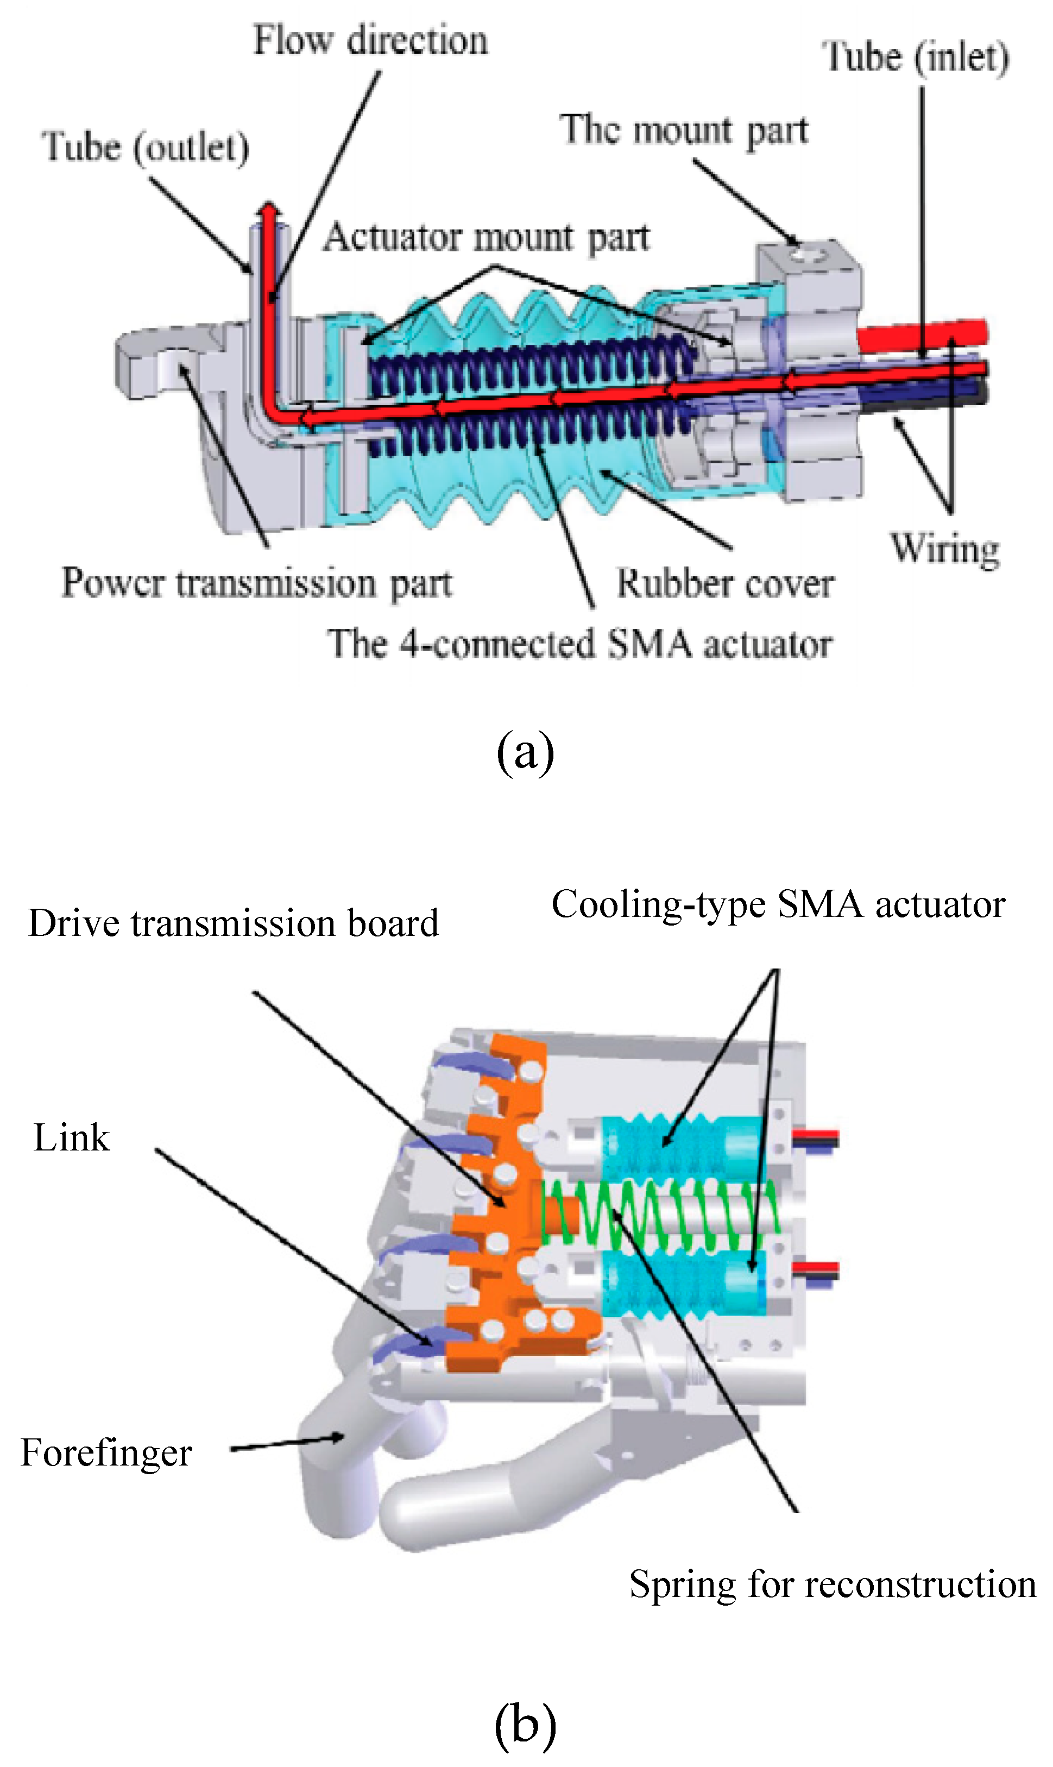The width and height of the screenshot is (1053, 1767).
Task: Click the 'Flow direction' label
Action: (x=370, y=40)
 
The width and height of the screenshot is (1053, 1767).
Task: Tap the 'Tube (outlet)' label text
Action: (x=146, y=147)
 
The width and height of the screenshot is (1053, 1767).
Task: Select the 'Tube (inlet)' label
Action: (x=916, y=58)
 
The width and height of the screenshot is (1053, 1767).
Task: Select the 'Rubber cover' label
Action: (x=725, y=584)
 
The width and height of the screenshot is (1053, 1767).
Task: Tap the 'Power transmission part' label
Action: (x=257, y=584)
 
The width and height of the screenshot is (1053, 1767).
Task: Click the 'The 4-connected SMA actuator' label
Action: (x=579, y=644)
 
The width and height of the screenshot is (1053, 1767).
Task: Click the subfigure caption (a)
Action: (x=525, y=752)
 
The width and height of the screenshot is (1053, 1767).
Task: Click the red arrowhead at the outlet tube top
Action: (x=269, y=210)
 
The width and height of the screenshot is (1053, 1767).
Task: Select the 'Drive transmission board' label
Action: (x=234, y=924)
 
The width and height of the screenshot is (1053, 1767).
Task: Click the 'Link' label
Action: (x=72, y=1137)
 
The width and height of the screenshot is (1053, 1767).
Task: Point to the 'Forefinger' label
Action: (x=106, y=1452)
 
